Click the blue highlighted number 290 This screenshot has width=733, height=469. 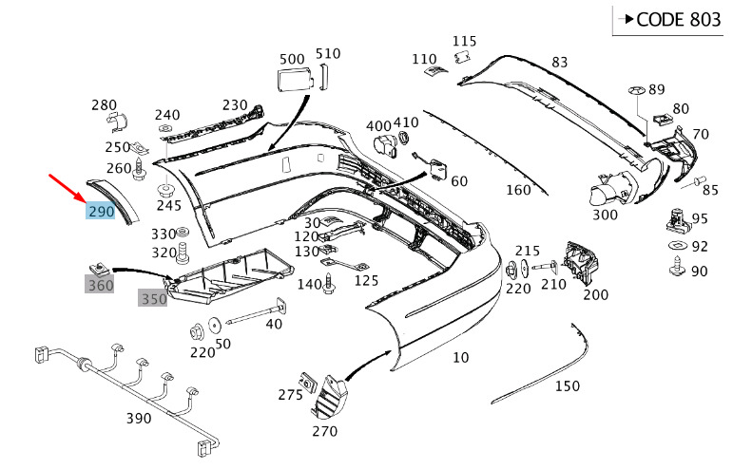click(101, 211)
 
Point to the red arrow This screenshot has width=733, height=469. click(69, 189)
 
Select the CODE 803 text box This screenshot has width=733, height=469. click(666, 20)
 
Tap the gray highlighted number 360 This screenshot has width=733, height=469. click(100, 284)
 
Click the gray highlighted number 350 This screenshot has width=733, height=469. click(153, 299)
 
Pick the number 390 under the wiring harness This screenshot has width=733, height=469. click(139, 419)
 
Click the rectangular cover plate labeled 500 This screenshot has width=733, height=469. click(291, 77)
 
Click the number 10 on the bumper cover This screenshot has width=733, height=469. click(460, 358)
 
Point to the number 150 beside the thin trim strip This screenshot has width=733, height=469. click(567, 385)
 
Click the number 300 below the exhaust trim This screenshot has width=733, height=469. click(605, 215)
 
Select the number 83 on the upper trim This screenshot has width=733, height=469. click(559, 63)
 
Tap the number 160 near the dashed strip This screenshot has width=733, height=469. click(518, 190)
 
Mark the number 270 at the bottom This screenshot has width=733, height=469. click(324, 430)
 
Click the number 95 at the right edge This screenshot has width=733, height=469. click(700, 219)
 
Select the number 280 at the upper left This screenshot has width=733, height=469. click(104, 104)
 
